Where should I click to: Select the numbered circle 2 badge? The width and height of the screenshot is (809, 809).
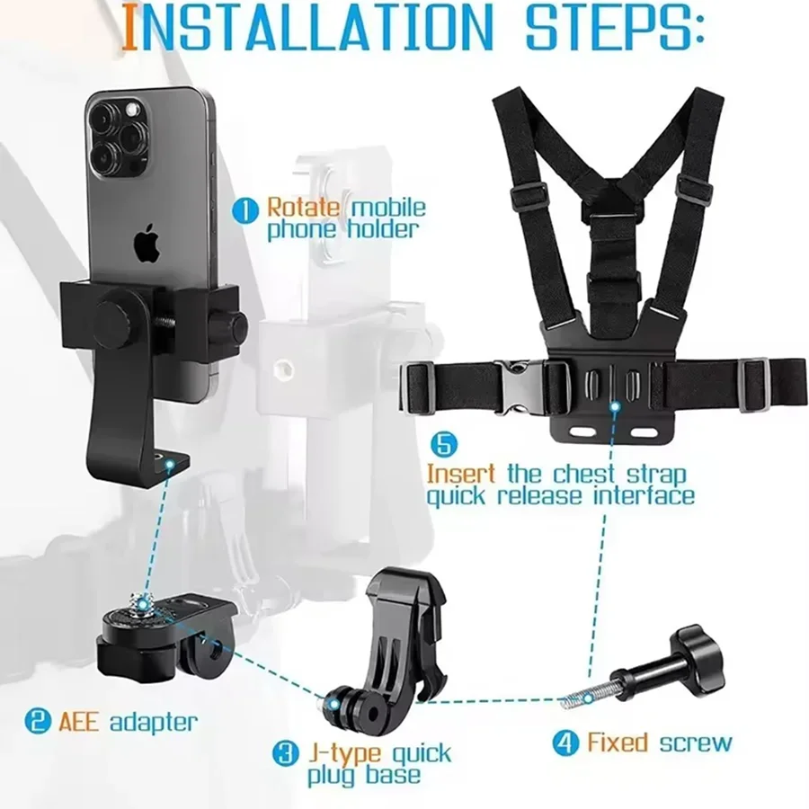pyautogui.click(x=38, y=721)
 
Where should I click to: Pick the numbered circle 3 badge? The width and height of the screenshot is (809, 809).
pyautogui.click(x=286, y=753)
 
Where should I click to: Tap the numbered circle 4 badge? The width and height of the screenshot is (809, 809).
pyautogui.click(x=565, y=743)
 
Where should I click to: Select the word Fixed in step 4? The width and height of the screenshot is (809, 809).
pyautogui.click(x=617, y=742)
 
